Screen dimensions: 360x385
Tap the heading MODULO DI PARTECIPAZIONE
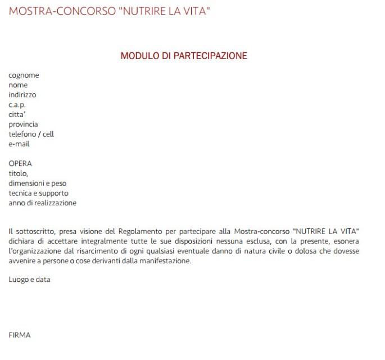coord(184,56)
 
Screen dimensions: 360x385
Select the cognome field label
coord(24,75)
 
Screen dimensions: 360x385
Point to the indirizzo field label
coord(22,95)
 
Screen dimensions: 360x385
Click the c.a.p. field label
coord(17,105)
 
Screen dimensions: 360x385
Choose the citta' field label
coord(17,114)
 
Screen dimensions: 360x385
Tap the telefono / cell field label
coord(31,134)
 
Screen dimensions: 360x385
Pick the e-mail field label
coord(19,144)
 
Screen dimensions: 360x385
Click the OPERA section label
coord(20,164)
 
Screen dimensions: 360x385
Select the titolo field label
coord(18,173)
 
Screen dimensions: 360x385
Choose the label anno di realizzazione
coord(42,203)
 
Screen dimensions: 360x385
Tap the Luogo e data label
coord(29,280)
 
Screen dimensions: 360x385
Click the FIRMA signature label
coord(20,335)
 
